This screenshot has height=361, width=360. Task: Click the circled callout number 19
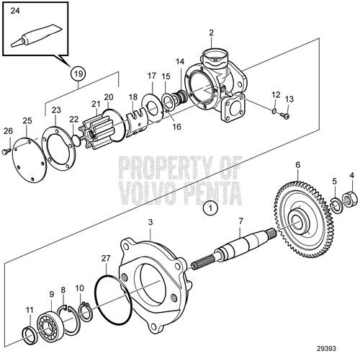click(77, 73)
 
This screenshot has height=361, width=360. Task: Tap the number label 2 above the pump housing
click(211, 32)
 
